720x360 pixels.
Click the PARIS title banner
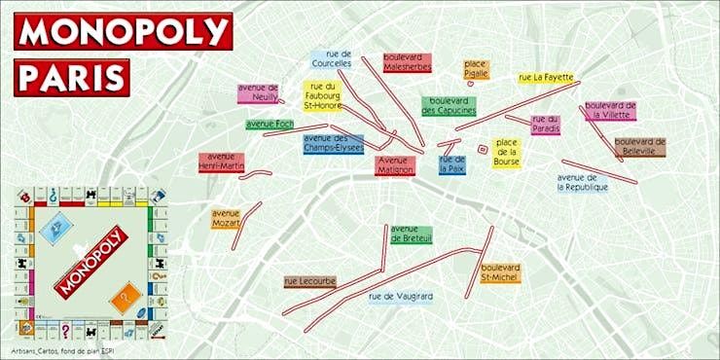[x=72, y=76]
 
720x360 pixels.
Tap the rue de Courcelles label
[x=332, y=60]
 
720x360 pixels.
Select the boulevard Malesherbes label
[x=408, y=63]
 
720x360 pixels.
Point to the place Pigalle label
[x=476, y=69]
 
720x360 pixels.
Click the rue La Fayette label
[x=545, y=77]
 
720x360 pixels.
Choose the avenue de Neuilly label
[x=258, y=93]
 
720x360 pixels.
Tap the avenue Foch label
[x=270, y=125]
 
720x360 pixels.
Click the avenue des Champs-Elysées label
[x=333, y=145]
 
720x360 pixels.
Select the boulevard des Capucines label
[x=448, y=106]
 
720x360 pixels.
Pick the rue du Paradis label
[x=546, y=125]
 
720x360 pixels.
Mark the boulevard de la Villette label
[x=611, y=110]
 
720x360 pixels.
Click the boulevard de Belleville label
[x=639, y=147]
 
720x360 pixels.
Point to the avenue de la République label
[x=583, y=182]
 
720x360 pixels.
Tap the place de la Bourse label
[x=506, y=152]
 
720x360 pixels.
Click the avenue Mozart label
[x=226, y=218]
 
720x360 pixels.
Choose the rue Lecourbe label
[x=310, y=281]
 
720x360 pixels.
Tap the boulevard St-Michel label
[x=500, y=273]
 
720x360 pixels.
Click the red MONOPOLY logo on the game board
[x=90, y=261]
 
